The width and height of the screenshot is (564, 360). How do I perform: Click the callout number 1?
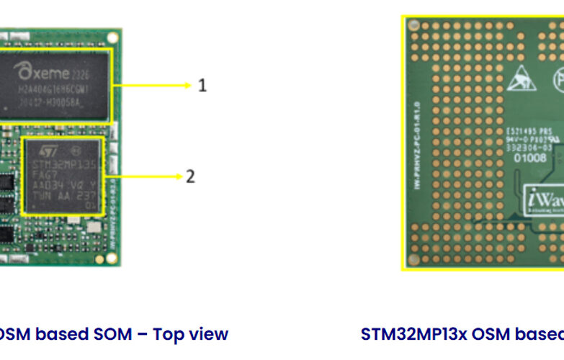(x=202, y=85)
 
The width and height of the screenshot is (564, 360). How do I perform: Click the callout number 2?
(x=190, y=176)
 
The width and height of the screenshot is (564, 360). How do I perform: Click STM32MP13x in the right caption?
(x=407, y=334)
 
